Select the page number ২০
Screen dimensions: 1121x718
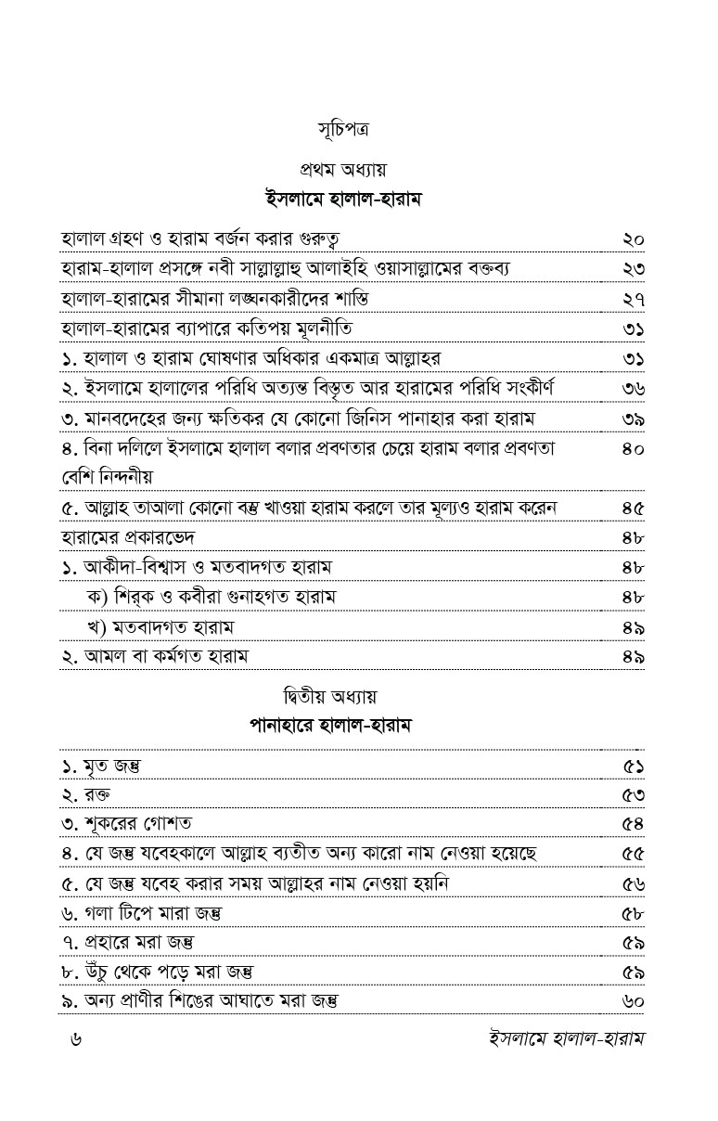634,239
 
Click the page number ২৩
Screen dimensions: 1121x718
634,269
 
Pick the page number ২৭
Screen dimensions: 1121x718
634,299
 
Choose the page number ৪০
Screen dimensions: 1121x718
634,447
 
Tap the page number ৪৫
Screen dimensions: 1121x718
634,508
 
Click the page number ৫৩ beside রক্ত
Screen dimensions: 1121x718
634,794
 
